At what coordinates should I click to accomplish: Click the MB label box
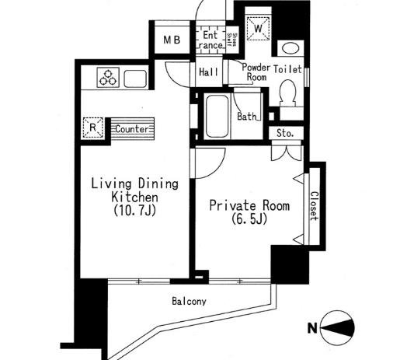(x=171, y=40)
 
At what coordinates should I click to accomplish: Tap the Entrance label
(x=210, y=40)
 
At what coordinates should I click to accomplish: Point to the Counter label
(x=132, y=129)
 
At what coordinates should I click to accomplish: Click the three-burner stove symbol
(x=107, y=77)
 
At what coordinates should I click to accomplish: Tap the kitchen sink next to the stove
(x=134, y=78)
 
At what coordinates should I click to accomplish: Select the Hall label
(x=207, y=72)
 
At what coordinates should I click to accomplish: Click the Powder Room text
(x=256, y=72)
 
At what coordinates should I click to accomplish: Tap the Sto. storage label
(x=285, y=133)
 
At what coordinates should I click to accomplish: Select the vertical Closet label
(x=314, y=206)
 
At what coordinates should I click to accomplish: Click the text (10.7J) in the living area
(x=134, y=211)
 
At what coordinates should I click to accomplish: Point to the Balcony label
(x=189, y=301)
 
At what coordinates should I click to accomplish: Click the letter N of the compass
(x=312, y=329)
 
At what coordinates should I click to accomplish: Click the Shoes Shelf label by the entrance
(x=231, y=39)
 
